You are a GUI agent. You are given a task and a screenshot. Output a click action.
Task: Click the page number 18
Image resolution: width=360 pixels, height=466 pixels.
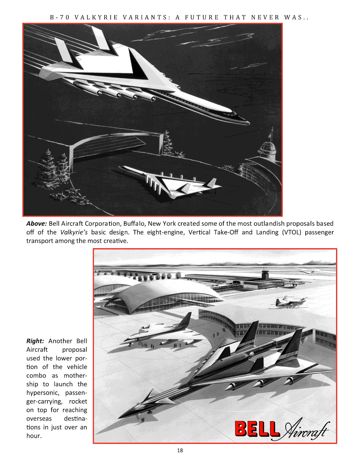point(180,450)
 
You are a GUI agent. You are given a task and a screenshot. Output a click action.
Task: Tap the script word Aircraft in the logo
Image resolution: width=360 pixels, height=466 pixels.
point(305,430)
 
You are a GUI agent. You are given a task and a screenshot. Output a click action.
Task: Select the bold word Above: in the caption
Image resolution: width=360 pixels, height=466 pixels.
point(37,223)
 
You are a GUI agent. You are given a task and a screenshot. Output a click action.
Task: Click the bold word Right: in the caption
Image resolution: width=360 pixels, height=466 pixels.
point(35,341)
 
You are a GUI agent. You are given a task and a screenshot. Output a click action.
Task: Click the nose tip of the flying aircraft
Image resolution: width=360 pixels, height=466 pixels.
point(248,123)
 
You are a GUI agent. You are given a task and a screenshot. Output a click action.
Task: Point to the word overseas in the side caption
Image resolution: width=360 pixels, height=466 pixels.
point(39,418)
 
